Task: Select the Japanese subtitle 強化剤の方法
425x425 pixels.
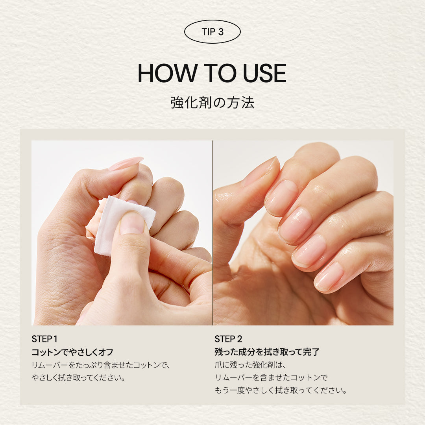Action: [x=212, y=103]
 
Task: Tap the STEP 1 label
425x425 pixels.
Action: [x=44, y=339]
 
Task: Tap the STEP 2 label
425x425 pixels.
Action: [x=228, y=339]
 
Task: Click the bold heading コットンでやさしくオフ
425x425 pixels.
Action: [x=72, y=352]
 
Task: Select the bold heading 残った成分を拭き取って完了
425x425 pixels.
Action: [x=267, y=352]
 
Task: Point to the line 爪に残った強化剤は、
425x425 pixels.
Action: [x=250, y=365]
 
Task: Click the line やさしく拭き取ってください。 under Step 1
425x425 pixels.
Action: [x=79, y=377]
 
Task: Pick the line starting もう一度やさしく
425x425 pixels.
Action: [x=281, y=390]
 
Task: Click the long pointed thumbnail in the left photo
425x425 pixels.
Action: [x=126, y=163]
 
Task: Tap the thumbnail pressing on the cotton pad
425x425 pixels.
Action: [x=132, y=223]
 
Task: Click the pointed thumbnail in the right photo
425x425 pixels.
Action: [x=260, y=171]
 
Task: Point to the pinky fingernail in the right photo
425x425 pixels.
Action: [x=329, y=277]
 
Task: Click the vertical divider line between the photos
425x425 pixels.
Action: [x=213, y=233]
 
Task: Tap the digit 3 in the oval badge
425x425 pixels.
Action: [x=221, y=32]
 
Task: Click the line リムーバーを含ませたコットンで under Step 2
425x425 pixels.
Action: [x=271, y=377]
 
